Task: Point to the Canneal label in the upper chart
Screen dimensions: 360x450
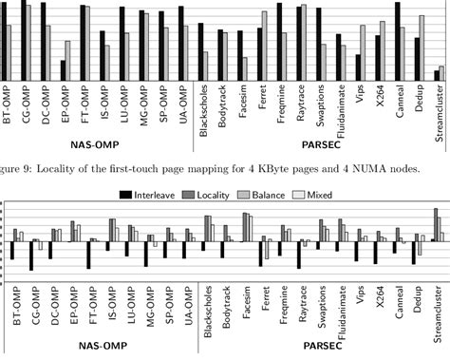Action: click(399, 105)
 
